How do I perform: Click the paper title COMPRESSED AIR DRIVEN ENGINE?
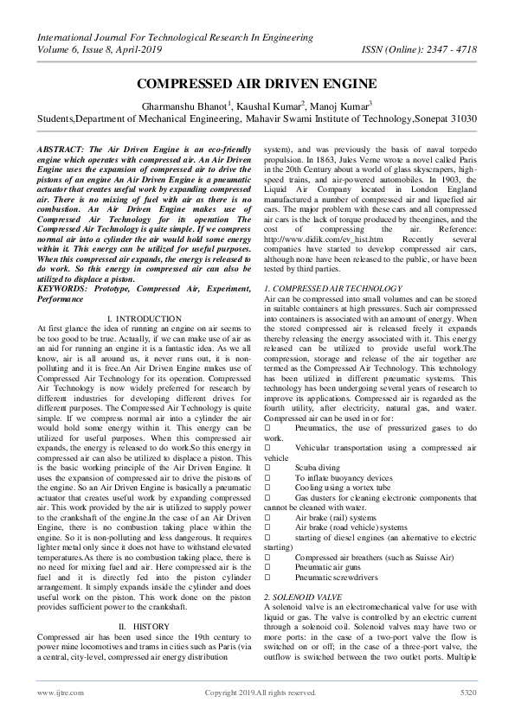click(257, 84)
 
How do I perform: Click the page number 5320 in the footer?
click(467, 716)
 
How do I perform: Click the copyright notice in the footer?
click(260, 716)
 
